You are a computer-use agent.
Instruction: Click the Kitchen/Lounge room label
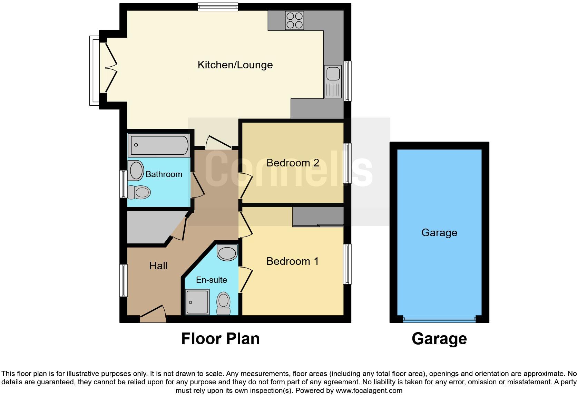click(x=235, y=65)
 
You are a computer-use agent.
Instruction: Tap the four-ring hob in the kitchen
click(x=295, y=20)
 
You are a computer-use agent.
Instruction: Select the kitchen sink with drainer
click(x=333, y=82)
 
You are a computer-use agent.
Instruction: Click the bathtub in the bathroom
click(x=159, y=145)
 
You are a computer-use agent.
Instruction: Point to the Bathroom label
click(x=164, y=174)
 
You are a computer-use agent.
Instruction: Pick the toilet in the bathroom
click(x=139, y=192)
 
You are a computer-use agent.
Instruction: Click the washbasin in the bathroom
click(x=136, y=170)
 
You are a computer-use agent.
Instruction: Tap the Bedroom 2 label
click(x=293, y=163)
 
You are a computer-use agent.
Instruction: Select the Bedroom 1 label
click(x=292, y=261)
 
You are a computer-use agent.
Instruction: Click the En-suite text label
click(x=212, y=280)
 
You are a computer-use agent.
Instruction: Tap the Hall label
click(x=158, y=266)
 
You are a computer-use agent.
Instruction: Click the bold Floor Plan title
click(x=221, y=339)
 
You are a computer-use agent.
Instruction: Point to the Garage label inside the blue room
click(x=439, y=233)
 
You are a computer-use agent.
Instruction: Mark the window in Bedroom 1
click(x=347, y=264)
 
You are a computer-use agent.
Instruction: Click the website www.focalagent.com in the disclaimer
click(x=369, y=391)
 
